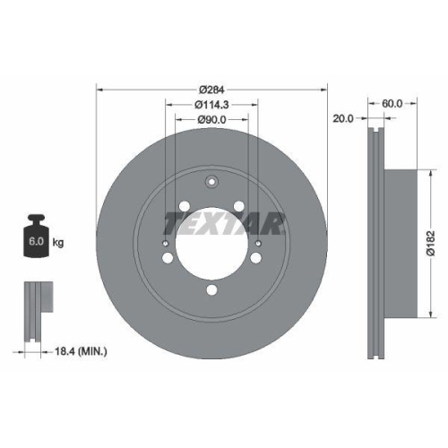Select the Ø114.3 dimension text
pos(212,106)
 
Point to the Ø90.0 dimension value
pos(212,121)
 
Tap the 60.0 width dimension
pos(392,104)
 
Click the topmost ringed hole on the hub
pos(212,185)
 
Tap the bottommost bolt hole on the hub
pos(212,289)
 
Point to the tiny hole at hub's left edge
pos(166,244)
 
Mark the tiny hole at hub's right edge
pos(259,244)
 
